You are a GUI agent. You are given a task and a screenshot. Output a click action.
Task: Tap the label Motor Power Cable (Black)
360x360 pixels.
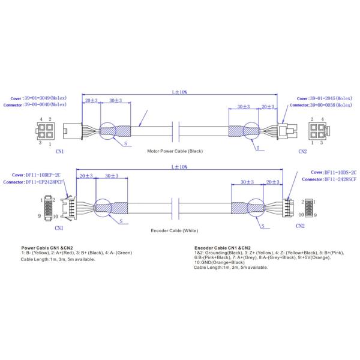[x=175, y=151]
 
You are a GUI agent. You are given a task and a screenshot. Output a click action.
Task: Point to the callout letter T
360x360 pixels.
[x=257, y=147]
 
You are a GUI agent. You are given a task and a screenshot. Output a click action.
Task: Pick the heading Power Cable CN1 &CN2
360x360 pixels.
[x=47, y=247]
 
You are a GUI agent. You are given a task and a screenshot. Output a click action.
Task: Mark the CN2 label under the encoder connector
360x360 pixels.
[x=300, y=226]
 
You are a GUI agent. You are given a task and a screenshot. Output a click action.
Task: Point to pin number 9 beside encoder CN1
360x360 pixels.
[x=39, y=215]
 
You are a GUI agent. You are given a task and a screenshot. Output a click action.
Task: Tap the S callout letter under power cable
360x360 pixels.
[x=125, y=145]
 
